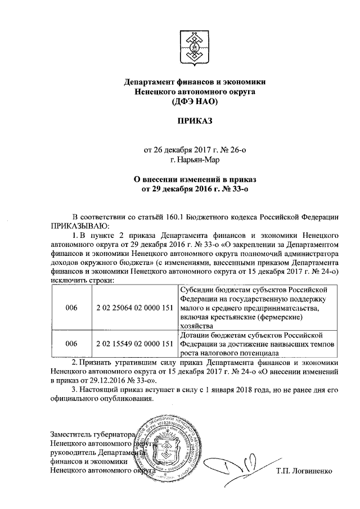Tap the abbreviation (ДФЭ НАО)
[x=194, y=101]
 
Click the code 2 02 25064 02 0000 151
[x=134, y=308]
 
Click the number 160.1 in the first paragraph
[x=195, y=217]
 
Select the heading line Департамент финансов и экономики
[x=194, y=82]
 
